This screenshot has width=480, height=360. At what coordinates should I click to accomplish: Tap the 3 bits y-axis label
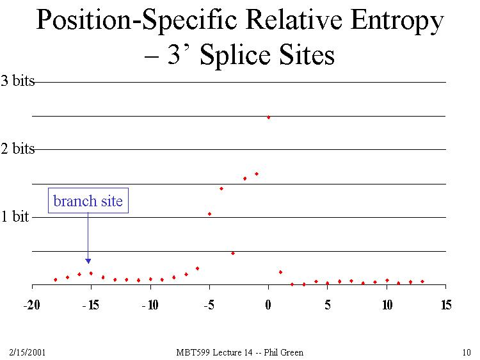click(17, 81)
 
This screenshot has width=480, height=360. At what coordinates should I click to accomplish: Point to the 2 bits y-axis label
click(17, 149)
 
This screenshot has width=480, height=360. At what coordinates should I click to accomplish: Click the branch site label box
click(88, 201)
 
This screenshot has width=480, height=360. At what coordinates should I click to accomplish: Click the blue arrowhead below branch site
click(88, 261)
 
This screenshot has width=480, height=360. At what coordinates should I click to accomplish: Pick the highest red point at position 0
click(268, 117)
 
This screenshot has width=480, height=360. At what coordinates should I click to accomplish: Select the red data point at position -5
click(209, 214)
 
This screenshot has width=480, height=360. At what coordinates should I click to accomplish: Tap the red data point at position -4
click(221, 188)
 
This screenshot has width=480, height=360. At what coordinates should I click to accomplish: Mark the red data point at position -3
click(233, 253)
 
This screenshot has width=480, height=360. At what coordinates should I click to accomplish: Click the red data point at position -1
click(257, 174)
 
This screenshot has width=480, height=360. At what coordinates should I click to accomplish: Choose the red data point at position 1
click(280, 272)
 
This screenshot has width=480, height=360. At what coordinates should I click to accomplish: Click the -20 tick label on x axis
click(32, 305)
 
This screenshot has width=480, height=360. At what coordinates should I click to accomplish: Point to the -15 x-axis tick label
click(91, 305)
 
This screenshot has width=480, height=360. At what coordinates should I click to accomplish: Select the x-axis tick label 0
click(268, 305)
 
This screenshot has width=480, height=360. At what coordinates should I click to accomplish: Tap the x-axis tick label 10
click(387, 305)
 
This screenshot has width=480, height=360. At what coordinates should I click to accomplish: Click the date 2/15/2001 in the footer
click(27, 352)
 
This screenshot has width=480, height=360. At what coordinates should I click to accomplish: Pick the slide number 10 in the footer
click(466, 352)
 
